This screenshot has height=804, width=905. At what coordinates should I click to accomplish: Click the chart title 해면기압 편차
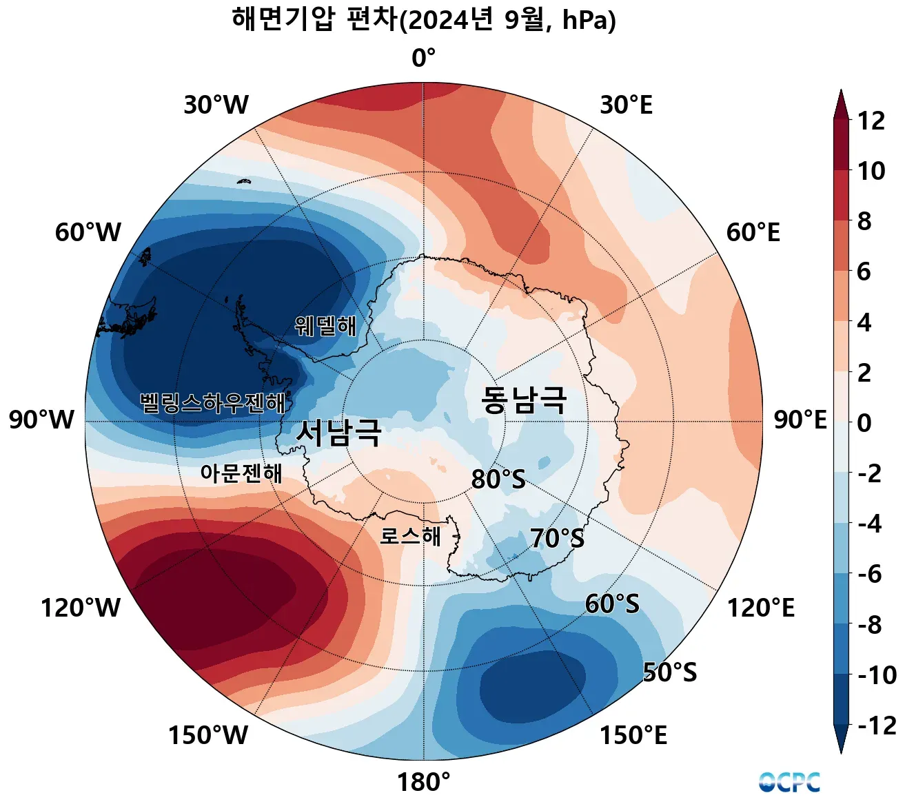(423, 20)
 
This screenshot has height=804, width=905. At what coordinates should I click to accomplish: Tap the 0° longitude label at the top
(423, 59)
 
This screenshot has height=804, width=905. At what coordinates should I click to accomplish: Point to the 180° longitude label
(423, 783)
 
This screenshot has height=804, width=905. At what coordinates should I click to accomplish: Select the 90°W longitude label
(41, 420)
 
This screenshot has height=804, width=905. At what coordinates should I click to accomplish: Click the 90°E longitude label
(800, 420)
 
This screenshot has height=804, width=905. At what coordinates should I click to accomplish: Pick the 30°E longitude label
(626, 105)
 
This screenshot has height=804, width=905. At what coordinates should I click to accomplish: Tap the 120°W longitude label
(80, 608)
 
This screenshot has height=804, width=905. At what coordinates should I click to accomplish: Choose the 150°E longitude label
(633, 736)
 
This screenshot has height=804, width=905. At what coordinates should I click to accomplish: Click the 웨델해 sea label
(325, 325)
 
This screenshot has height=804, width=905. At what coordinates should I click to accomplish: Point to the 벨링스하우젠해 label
(212, 403)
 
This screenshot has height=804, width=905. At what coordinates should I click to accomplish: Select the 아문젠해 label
(241, 473)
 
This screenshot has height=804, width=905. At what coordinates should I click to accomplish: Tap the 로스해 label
(410, 536)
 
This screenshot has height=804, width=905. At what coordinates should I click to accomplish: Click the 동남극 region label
(524, 400)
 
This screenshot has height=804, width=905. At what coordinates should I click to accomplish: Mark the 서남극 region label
(338, 433)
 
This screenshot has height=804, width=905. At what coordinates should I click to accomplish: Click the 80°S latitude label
(498, 479)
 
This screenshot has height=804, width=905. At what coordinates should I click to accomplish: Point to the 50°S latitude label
(669, 672)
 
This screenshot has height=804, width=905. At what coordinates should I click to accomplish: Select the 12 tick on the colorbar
(871, 121)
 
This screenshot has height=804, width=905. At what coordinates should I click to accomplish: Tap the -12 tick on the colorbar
(876, 725)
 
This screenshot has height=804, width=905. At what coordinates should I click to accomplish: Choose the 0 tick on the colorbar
(864, 423)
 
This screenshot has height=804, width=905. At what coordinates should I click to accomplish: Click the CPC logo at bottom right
(789, 782)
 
